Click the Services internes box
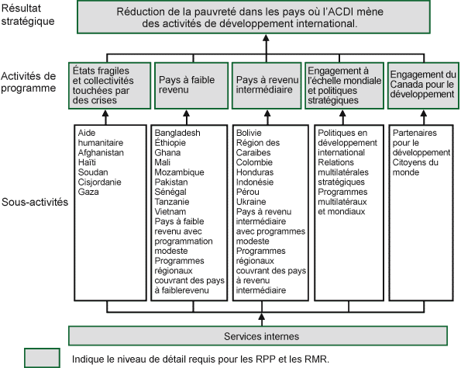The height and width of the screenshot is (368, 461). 260,335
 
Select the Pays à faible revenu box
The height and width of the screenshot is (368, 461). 189,85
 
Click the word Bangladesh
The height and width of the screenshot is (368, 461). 178,134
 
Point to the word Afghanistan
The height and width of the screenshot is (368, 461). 101,153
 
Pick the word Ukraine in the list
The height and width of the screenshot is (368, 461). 251,202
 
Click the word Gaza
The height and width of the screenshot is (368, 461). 88,192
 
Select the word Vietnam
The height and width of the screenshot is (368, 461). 170,211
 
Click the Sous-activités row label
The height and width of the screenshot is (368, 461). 34,202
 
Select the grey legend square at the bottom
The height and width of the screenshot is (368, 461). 42,358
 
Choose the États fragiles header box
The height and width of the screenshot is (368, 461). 108,85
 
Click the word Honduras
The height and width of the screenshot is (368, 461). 255,172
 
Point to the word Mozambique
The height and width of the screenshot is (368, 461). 179,172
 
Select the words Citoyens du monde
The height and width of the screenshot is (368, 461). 415,167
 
